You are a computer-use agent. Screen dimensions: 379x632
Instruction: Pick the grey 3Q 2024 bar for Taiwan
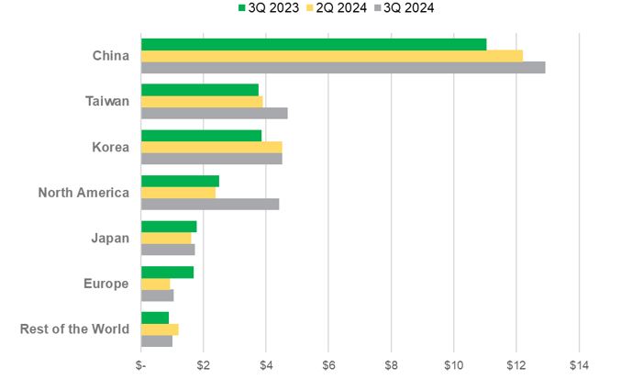click(x=215, y=113)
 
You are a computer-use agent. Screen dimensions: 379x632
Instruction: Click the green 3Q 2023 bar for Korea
click(x=201, y=135)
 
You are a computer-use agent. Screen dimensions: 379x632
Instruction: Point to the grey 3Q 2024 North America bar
click(x=210, y=204)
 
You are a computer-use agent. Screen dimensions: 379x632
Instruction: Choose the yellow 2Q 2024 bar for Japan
click(x=166, y=238)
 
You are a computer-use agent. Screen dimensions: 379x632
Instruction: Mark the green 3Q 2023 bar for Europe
click(x=167, y=272)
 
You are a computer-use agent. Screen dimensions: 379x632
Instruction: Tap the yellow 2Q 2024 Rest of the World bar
click(x=160, y=329)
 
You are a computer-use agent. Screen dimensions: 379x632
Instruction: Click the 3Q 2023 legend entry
click(x=270, y=8)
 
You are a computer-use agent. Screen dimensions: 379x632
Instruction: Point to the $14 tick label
click(x=579, y=365)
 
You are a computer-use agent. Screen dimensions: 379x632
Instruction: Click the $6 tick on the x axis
click(x=328, y=365)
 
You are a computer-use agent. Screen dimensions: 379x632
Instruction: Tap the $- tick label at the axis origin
click(x=141, y=365)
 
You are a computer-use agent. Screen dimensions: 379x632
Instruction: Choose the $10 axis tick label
click(x=453, y=365)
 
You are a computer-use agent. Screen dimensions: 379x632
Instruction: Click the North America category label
click(x=83, y=193)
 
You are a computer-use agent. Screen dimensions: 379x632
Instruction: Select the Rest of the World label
click(x=74, y=329)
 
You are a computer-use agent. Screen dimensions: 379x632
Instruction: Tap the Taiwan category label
click(x=108, y=102)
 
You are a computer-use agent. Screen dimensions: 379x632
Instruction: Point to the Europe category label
click(x=106, y=284)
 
